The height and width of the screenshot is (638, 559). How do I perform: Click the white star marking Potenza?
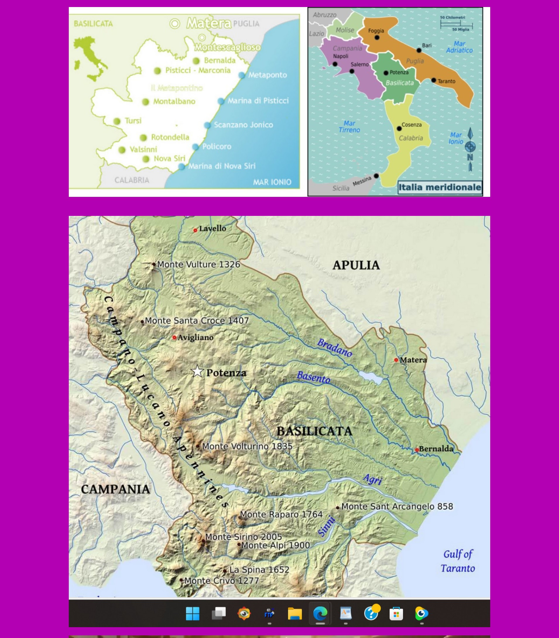[x=197, y=372]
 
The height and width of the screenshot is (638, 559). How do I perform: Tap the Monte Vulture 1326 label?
[x=198, y=264]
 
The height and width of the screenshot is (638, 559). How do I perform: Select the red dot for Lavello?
[x=195, y=231]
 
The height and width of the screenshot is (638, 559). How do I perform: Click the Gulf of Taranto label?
[x=458, y=561]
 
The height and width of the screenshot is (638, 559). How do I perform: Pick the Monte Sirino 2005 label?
[x=243, y=537]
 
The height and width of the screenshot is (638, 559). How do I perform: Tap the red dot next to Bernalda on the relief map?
[x=417, y=450]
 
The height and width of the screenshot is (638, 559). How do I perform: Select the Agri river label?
[x=373, y=479]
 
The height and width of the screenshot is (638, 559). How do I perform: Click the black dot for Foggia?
[x=377, y=38]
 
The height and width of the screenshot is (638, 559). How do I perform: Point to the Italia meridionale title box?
[x=440, y=188]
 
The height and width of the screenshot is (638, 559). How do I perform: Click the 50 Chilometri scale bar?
[x=456, y=24]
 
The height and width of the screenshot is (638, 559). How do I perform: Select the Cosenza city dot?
[x=399, y=128]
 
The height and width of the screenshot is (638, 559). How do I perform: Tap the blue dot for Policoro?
[x=196, y=147]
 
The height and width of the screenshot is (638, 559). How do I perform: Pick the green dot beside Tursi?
[x=117, y=121]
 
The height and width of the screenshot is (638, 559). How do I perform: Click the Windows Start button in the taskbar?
[x=193, y=614]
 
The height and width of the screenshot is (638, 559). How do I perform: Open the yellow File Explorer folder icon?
[x=294, y=614]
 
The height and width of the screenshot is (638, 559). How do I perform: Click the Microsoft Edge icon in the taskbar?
[x=320, y=614]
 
